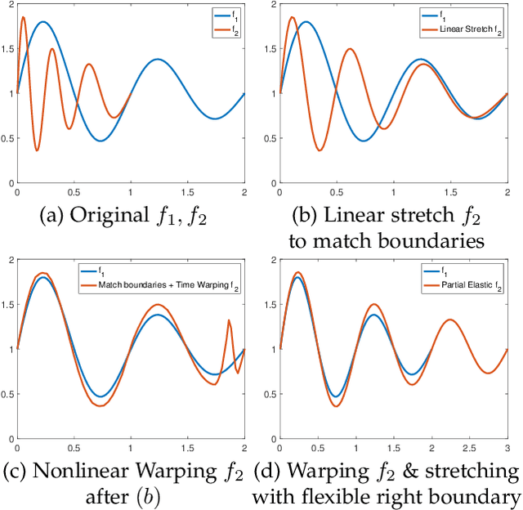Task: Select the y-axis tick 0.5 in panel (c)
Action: pyautogui.click(x=7, y=394)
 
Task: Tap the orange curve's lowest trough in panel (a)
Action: pyautogui.click(x=37, y=150)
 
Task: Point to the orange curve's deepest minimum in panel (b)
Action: pyautogui.click(x=321, y=150)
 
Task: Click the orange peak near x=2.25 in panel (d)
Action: pyautogui.click(x=450, y=320)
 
